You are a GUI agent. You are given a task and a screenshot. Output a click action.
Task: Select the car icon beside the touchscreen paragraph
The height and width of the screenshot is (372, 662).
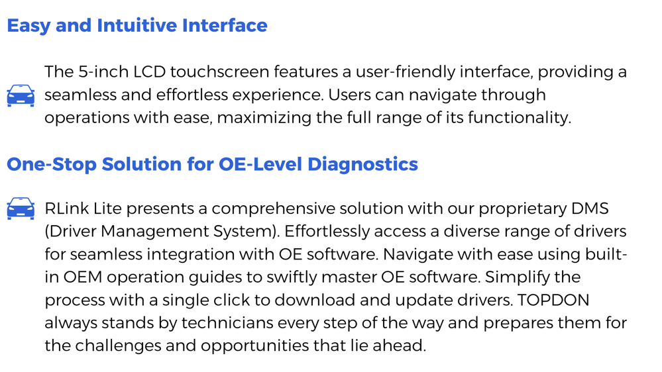[x=21, y=95]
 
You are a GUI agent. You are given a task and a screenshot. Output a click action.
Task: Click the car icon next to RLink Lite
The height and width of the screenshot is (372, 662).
[x=21, y=209]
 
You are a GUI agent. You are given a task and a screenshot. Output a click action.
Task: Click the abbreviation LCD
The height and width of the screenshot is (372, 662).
[x=150, y=71]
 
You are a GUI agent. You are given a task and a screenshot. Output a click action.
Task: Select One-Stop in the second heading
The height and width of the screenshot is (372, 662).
[x=52, y=165]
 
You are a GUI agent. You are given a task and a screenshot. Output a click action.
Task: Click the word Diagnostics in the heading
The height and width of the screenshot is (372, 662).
[x=362, y=165]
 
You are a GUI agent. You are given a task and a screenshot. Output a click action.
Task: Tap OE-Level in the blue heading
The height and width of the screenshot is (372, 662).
[x=260, y=164]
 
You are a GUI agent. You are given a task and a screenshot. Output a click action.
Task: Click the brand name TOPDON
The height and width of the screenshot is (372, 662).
[x=553, y=300]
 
